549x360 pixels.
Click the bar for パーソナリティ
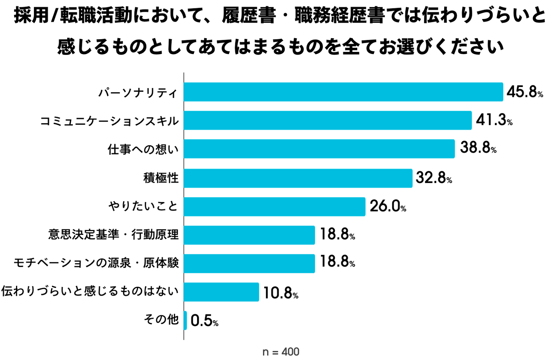point(343,92)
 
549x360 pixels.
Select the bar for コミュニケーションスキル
point(328,121)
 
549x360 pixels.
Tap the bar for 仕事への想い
point(319,149)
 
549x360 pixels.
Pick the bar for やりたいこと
point(274,207)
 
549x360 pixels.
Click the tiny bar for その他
point(185,320)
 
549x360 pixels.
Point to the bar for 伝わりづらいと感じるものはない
point(221,292)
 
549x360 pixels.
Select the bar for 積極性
point(298,178)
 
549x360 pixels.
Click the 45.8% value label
point(525,92)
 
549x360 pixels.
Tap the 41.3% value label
point(494,120)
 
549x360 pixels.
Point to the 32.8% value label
point(434,178)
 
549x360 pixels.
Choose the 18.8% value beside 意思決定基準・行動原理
point(337,234)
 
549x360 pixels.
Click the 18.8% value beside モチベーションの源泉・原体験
point(337,262)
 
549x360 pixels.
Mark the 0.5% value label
point(204,321)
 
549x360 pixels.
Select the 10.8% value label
point(281,293)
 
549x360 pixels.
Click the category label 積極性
point(161,178)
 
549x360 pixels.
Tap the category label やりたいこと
point(143,206)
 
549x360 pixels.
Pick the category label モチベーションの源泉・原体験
point(96,263)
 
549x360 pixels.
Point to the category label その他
point(161,319)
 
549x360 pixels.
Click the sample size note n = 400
point(281,352)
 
